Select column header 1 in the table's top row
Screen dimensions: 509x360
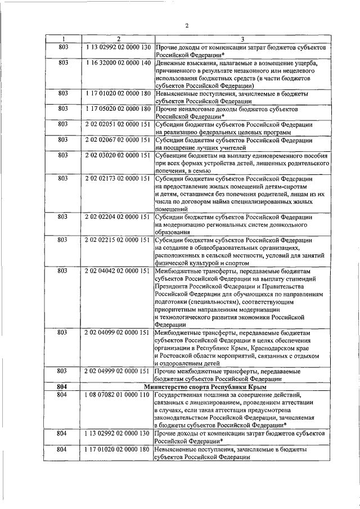click(62, 39)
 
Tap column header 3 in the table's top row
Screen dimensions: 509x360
click(242, 39)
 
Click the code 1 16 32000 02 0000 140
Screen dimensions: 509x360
click(118, 63)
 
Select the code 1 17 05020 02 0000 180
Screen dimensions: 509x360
click(118, 108)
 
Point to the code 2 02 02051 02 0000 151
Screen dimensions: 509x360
click(118, 124)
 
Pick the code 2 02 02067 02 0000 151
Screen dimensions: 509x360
click(118, 139)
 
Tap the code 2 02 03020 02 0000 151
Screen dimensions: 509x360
click(118, 155)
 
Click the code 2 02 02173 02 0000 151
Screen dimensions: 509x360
click(118, 178)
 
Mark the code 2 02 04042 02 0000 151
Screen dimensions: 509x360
click(118, 271)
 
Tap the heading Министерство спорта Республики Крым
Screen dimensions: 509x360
click(205, 387)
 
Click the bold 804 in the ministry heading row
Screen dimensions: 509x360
click(62, 387)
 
